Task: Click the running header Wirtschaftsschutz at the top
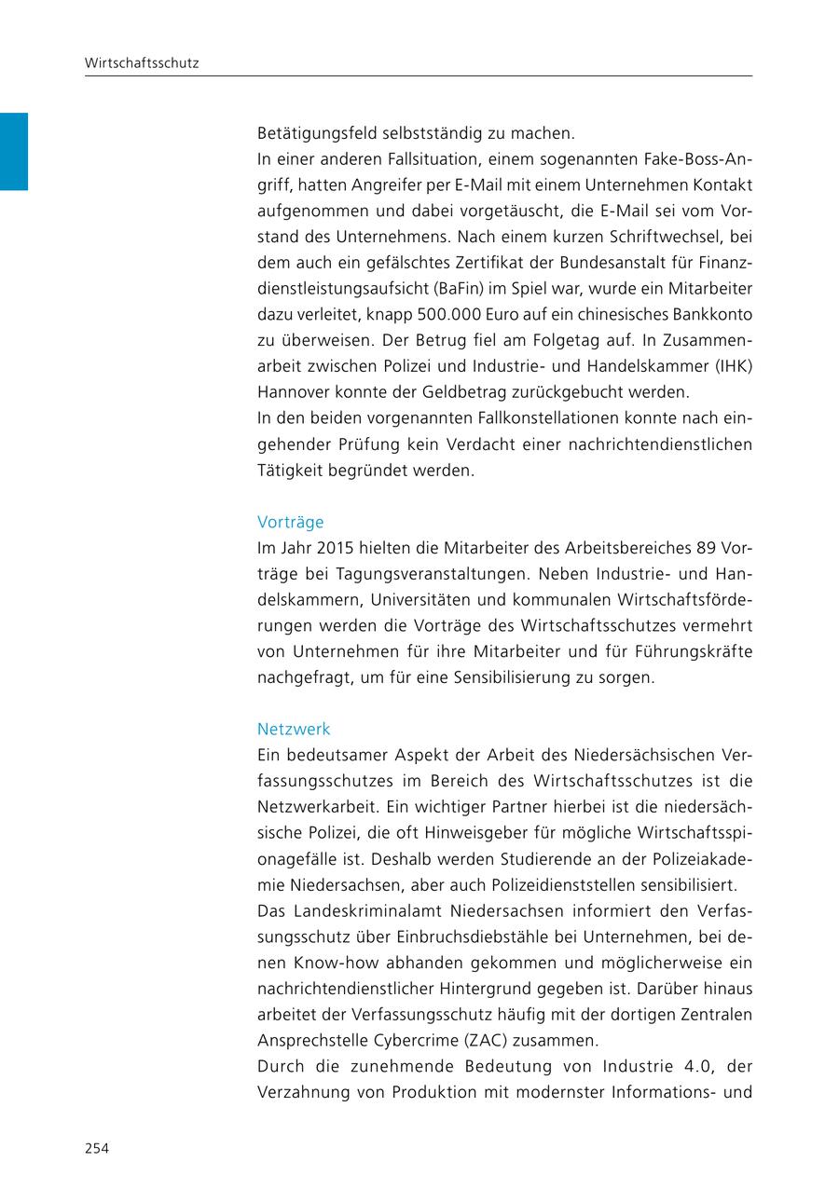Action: click(x=142, y=63)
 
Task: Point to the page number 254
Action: click(x=97, y=1148)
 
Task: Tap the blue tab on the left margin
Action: click(x=13, y=151)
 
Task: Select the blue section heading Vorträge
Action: click(x=290, y=523)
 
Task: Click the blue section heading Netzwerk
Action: click(x=294, y=730)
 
